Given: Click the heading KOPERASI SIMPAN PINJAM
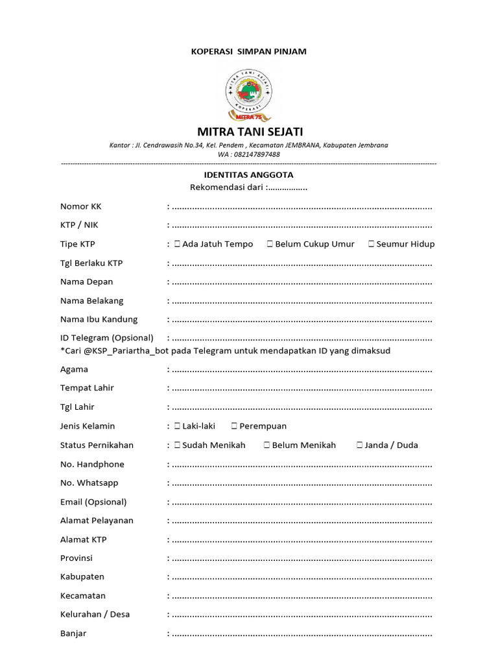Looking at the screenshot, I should click(249, 51).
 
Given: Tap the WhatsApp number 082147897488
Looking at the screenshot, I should click(257, 154).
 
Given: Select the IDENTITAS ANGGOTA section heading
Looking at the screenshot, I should click(249, 175).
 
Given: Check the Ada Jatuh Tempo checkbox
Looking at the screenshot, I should click(177, 244).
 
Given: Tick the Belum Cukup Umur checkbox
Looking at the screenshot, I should click(270, 244).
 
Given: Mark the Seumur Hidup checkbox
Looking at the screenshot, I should click(371, 244).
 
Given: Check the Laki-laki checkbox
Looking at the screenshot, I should click(177, 426).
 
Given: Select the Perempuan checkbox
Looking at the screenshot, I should click(234, 426).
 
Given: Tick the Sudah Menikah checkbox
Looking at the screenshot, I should click(177, 445).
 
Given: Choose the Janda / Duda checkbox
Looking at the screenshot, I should click(359, 445).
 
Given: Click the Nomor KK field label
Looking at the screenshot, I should click(80, 207).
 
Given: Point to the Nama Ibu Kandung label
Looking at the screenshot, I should click(99, 319).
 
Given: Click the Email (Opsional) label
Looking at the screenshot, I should click(93, 502).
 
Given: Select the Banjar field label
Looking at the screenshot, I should click(73, 634).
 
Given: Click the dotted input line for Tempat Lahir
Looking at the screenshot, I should click(302, 389).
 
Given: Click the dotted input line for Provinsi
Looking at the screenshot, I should click(302, 559).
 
